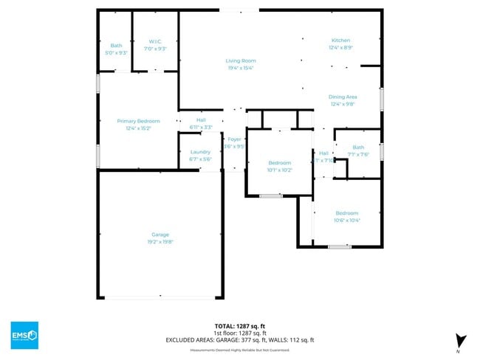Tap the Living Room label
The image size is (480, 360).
tap(240, 60)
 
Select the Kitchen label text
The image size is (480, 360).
tap(340, 40)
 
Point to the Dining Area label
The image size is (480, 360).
tap(343, 97)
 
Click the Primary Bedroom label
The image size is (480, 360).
tap(138, 120)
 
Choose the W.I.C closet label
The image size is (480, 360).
tap(155, 41)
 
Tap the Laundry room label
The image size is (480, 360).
tap(200, 152)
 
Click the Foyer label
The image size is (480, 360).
tap(234, 139)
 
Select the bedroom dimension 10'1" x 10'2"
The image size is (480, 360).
tap(279, 170)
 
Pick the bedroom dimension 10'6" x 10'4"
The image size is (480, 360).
tap(346, 220)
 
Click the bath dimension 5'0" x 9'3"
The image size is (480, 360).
tap(116, 53)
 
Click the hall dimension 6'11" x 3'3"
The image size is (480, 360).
tap(201, 127)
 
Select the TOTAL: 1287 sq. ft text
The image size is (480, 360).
tap(240, 325)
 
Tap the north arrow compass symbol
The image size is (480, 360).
tap(461, 341)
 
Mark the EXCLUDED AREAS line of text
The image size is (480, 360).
tap(240, 339)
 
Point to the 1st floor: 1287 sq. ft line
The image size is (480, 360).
tap(240, 332)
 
